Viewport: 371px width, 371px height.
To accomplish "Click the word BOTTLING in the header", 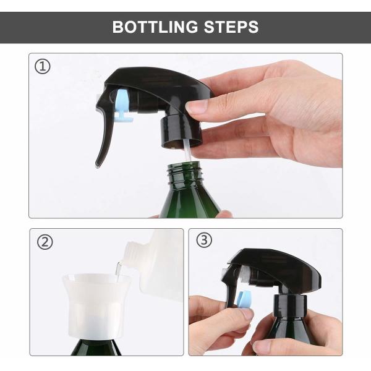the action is tap(155, 27).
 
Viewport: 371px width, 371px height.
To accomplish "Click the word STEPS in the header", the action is tap(231, 27).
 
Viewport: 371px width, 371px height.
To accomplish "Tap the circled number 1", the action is tap(43, 67).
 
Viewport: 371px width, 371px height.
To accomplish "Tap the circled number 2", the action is tap(45, 242).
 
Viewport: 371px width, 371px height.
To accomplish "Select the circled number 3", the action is tap(204, 240).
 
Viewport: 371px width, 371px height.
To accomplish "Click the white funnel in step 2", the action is tap(96, 305).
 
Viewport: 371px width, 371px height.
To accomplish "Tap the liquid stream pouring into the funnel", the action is tap(118, 271).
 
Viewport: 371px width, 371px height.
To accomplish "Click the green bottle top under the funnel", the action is tap(96, 347).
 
